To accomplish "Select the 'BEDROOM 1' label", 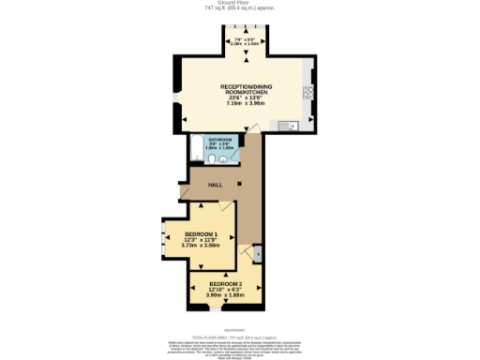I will (x=201, y=234).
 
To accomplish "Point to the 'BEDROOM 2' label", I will (x=226, y=284).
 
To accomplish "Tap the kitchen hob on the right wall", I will (x=307, y=93).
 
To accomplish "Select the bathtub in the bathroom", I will (x=195, y=149).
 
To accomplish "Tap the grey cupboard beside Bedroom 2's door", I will (x=259, y=253).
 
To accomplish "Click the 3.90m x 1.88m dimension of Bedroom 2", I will (x=226, y=295).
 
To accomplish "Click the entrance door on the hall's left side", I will (x=183, y=193).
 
